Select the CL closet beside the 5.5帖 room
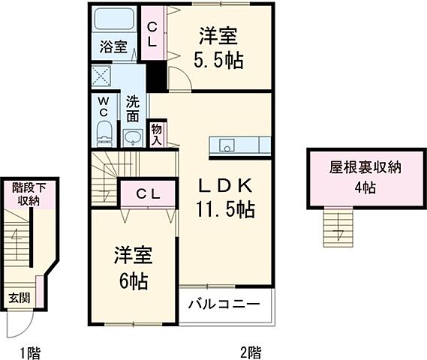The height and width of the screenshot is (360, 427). click(x=152, y=35)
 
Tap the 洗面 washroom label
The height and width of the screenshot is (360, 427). click(x=132, y=109)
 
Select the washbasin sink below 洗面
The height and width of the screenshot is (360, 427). click(x=134, y=137)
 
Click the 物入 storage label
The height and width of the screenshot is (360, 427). click(x=158, y=133)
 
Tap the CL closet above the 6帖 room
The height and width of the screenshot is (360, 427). click(x=147, y=193)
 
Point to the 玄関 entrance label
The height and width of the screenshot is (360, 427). click(x=20, y=298)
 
